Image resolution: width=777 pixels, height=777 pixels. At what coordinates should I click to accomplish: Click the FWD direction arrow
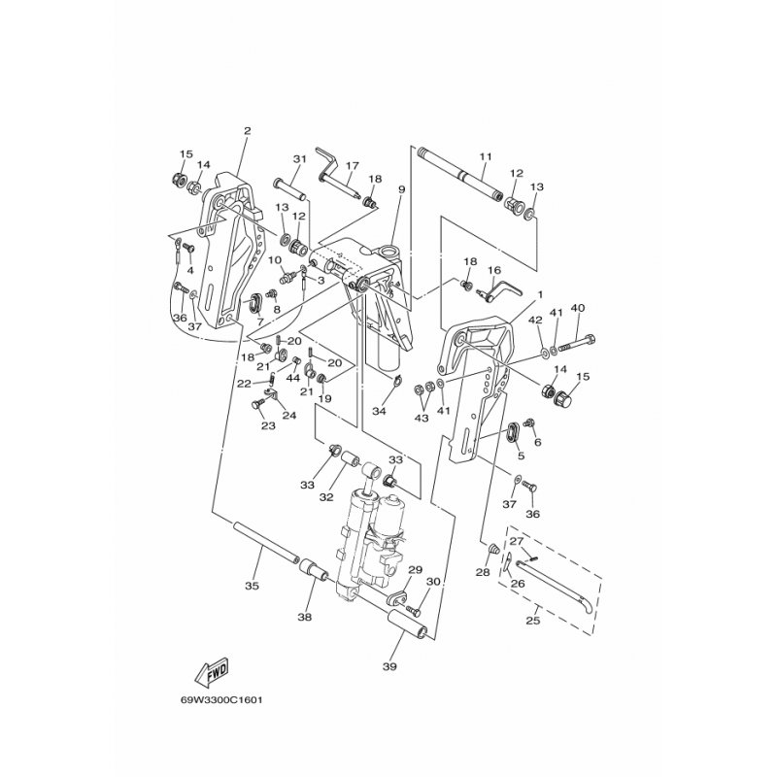pos(212,671)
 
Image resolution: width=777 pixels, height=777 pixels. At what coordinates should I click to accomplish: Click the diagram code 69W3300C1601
pos(221,700)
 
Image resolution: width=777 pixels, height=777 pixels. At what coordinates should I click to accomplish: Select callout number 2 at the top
pos(248,131)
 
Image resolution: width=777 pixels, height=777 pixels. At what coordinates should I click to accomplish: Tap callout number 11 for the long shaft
pos(486,156)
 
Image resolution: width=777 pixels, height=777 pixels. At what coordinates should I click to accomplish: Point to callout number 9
pos(401,189)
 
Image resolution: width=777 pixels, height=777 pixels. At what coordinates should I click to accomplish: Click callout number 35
pos(252,586)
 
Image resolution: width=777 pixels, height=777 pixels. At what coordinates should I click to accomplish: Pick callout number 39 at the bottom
pos(390,666)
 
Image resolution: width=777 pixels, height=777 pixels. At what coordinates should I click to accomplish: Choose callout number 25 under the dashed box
pos(532,621)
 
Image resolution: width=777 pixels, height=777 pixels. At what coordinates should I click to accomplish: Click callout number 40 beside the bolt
pos(578,308)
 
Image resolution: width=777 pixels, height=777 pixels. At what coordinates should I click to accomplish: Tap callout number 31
pos(300,159)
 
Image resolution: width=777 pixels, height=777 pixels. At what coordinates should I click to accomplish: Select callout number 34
pos(379,411)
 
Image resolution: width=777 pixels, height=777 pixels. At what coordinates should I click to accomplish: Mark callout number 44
pos(293,378)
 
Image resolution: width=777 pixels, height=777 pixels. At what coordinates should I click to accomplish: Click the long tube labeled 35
pos(265,542)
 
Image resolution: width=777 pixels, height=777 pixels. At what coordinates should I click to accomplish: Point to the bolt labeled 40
pos(577,344)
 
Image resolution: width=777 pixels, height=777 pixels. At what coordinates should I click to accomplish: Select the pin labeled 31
pos(289,189)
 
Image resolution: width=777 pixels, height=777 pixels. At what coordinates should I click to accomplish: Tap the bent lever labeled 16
pos(497,290)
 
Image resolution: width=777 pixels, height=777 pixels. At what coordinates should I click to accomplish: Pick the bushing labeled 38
pos(314,569)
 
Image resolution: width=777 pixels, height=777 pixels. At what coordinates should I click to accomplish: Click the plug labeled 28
pos(493,549)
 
